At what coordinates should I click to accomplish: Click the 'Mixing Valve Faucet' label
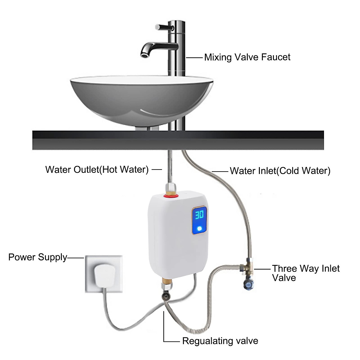[x=247, y=57]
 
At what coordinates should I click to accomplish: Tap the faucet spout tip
[x=144, y=54]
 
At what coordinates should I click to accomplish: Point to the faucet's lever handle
[x=163, y=27]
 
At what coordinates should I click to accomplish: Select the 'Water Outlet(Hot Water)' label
[x=97, y=169]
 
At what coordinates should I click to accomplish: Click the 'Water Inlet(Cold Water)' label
[x=280, y=171]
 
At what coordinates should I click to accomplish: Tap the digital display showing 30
[x=199, y=215]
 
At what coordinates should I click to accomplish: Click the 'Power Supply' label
[x=38, y=257]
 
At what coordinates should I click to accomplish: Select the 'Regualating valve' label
[x=220, y=341]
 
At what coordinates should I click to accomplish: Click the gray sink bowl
[x=141, y=99]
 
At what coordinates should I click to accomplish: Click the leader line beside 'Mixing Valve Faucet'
[x=194, y=57]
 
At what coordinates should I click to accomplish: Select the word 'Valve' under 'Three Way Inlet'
[x=284, y=278]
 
